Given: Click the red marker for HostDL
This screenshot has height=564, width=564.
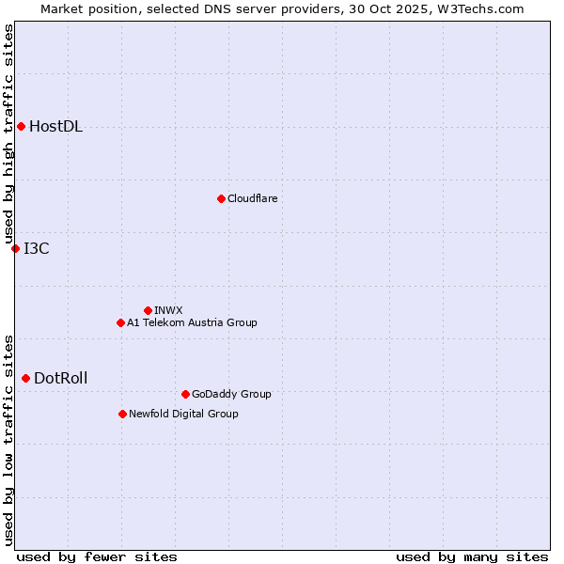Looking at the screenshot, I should [21, 126].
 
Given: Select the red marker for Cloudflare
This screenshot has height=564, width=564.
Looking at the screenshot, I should [221, 198].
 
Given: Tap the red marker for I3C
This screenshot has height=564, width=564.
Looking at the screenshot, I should [15, 248].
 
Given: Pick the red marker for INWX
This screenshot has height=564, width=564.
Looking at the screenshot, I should [148, 310].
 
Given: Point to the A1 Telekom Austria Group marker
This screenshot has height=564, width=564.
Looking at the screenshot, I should [120, 322].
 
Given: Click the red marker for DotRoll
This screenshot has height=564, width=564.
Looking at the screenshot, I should [25, 378].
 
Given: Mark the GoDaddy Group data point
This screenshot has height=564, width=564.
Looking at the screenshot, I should [185, 394].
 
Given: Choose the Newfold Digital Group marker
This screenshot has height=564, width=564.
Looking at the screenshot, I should [122, 414].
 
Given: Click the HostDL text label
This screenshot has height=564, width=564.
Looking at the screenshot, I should [55, 127].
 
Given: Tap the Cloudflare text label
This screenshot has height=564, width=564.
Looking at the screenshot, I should [252, 198].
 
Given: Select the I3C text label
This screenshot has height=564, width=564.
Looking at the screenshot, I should [37, 248].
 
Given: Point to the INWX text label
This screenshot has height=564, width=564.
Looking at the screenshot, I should [168, 310].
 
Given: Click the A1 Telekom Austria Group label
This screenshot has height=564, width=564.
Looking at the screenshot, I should [192, 322].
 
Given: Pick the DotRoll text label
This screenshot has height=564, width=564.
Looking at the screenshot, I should [60, 378].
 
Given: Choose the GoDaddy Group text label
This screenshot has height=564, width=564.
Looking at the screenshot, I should [231, 394].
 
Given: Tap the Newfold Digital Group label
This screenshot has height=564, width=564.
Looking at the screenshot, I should [183, 414].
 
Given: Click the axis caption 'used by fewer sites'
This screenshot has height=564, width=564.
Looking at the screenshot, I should [97, 556].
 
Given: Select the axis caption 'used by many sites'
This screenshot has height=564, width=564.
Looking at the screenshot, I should [472, 556].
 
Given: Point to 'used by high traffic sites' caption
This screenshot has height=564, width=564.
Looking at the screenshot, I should [8, 133].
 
